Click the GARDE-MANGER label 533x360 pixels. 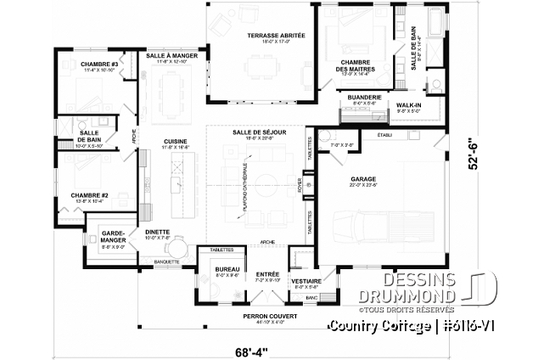click(x=113, y=236)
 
